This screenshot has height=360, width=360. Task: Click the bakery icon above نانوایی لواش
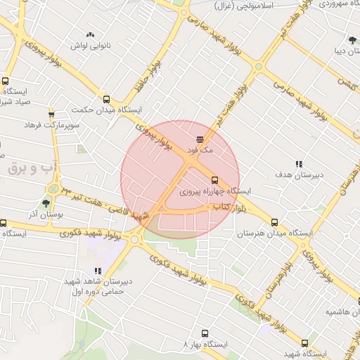pos(90,34)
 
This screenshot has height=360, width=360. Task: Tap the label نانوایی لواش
pos(90,45)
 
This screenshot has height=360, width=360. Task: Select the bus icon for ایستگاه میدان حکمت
pos(106,99)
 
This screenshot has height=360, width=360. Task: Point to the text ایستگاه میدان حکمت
pos(107,110)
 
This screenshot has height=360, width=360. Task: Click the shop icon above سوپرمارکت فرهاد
pos(51,114)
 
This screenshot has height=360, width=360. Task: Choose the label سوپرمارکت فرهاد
pos(51,124)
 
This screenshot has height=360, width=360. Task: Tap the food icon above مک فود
pos(200,139)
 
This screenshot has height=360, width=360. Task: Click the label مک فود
pos(200,150)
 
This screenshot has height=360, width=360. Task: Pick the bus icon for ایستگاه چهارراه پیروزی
pos(214,180)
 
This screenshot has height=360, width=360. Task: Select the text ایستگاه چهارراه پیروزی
pos(215,191)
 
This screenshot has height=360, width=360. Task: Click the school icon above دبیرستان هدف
pos(299,163)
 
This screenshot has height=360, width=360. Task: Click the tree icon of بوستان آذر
pos(46,203)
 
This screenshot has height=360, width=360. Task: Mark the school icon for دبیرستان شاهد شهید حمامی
pos(98,270)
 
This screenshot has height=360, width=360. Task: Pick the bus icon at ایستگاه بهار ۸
pos(205,334)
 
